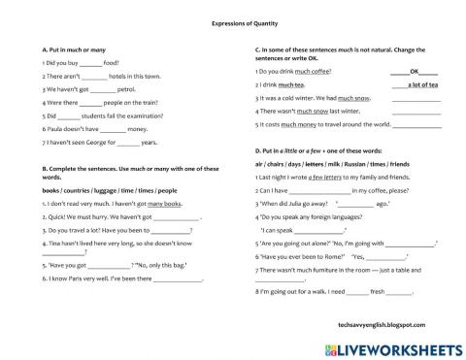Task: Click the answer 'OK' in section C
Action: pyautogui.click(x=415, y=71)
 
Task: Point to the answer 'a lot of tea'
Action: pyautogui.click(x=420, y=85)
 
